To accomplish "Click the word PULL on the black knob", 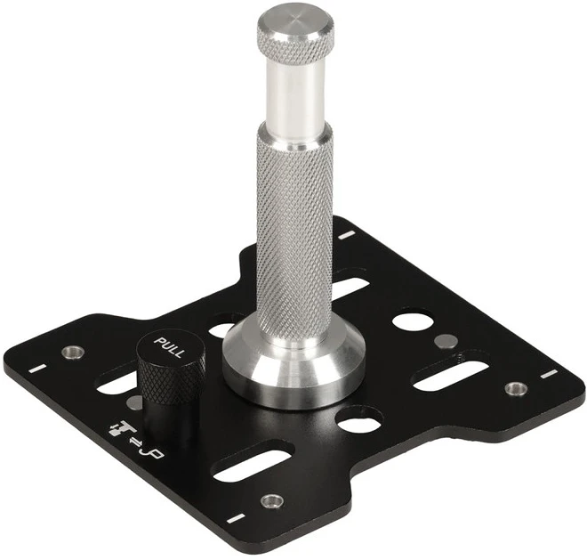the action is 170,347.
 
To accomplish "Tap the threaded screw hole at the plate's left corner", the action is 73,352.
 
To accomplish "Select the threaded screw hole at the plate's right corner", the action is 516,388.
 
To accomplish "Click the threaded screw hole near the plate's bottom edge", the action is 272,500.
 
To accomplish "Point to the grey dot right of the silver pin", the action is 446,341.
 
